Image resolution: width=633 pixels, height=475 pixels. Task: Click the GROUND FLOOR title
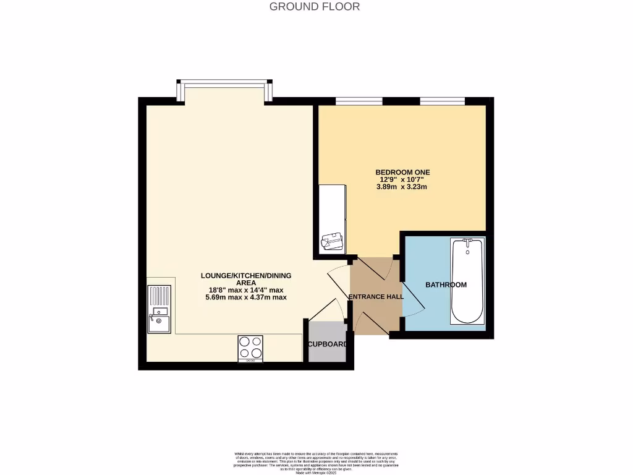(x=315, y=7)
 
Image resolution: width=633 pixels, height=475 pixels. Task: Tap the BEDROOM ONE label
(x=402, y=172)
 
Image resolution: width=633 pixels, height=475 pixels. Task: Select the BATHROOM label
(x=446, y=285)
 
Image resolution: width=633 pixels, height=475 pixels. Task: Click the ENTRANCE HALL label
(x=376, y=297)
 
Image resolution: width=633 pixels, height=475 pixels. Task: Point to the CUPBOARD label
(x=327, y=344)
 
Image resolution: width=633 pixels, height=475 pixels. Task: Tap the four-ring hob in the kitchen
(x=250, y=348)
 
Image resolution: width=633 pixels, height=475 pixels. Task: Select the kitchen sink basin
(x=159, y=320)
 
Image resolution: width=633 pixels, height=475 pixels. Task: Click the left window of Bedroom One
(x=359, y=100)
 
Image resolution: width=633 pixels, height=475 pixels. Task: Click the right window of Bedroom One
(x=442, y=100)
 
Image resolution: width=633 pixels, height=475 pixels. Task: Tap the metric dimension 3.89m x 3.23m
(x=402, y=186)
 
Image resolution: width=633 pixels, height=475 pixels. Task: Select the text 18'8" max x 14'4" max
(x=245, y=290)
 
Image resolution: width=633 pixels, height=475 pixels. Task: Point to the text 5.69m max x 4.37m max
(x=245, y=297)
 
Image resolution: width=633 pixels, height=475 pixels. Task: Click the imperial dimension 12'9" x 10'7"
(x=402, y=179)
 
